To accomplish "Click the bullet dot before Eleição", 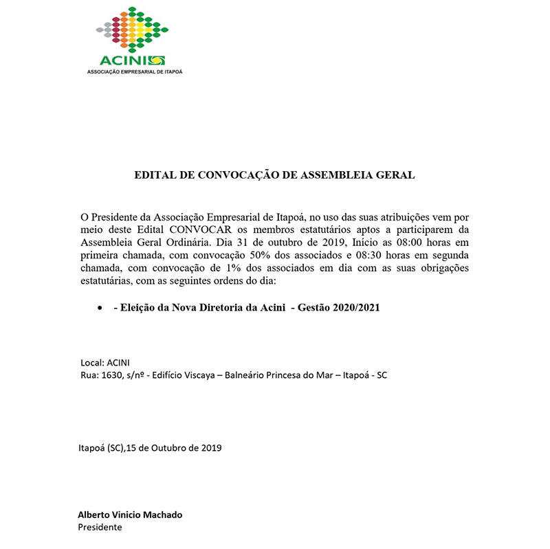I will click(100, 309).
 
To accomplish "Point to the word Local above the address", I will click(91, 362).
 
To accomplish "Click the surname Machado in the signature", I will click(162, 515).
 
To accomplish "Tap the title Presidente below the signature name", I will click(100, 528).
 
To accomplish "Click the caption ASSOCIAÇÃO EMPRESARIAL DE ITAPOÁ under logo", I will click(134, 71).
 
